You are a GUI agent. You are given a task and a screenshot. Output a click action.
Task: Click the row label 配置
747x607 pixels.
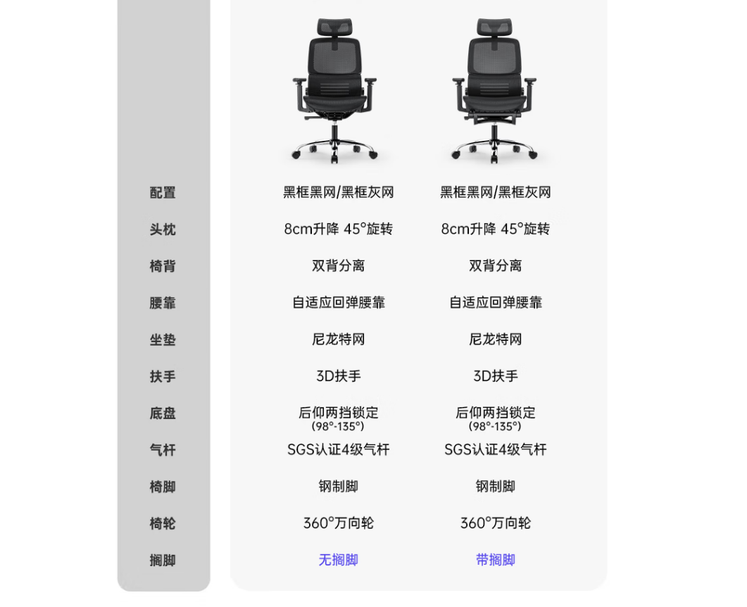pyautogui.click(x=163, y=192)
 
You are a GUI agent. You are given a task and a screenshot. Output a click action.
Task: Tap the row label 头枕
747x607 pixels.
pyautogui.click(x=163, y=229)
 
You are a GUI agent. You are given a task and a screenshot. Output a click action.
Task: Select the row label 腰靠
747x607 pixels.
pyautogui.click(x=163, y=303)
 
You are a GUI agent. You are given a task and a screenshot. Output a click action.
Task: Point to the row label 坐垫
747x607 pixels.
pyautogui.click(x=163, y=339)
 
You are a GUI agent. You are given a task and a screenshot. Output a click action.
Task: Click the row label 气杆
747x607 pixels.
pyautogui.click(x=163, y=450)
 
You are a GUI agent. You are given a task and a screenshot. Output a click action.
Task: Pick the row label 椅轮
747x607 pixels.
pyautogui.click(x=163, y=524)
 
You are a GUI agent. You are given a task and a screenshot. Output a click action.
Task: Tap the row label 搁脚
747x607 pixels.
pyautogui.click(x=163, y=561)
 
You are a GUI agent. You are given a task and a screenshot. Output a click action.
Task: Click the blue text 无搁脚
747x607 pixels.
pyautogui.click(x=338, y=560)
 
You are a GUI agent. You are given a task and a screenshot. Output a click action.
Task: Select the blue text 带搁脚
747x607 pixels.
pyautogui.click(x=496, y=560)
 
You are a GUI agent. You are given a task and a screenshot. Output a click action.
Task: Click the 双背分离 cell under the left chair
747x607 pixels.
pyautogui.click(x=338, y=265)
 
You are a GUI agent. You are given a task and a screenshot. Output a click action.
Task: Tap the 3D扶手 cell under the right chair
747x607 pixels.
pyautogui.click(x=496, y=376)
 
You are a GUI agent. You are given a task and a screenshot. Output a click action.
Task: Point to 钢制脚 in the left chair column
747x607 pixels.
pyautogui.click(x=338, y=487)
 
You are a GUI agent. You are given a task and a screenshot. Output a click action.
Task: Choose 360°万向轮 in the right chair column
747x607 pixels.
pyautogui.click(x=496, y=523)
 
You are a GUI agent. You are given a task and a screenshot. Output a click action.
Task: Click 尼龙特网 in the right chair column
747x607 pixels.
pyautogui.click(x=496, y=339)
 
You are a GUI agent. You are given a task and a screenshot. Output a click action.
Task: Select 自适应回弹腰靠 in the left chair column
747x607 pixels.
pyautogui.click(x=338, y=303)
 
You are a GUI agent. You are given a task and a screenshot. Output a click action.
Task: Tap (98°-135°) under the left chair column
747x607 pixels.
pyautogui.click(x=338, y=427)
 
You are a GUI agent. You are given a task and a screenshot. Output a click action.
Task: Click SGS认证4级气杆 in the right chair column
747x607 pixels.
pyautogui.click(x=496, y=449)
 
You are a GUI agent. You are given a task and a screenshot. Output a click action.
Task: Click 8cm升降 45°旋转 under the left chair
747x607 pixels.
pyautogui.click(x=338, y=229)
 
